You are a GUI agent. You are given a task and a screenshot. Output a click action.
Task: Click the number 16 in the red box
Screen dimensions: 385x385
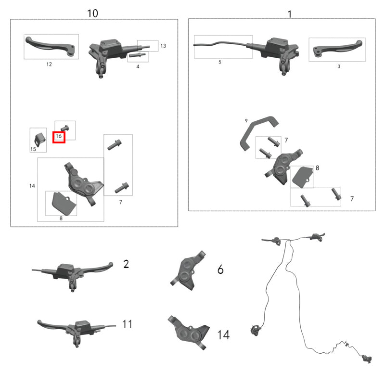coord(59,136)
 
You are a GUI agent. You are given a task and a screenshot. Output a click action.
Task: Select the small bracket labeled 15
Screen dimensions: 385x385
coord(39,140)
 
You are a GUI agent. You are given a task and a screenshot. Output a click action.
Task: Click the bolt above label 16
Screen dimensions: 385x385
coord(65,128)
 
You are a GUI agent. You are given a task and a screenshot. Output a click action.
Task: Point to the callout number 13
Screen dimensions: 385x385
coord(163,46)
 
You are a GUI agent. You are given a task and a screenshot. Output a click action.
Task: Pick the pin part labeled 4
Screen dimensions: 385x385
coord(137,55)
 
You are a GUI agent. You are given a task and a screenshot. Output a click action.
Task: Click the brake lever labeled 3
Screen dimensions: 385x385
coord(337,49)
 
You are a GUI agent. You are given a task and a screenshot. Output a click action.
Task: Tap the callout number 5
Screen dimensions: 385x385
coord(220,62)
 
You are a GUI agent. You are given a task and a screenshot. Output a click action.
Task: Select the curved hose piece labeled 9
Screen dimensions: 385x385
coord(258,131)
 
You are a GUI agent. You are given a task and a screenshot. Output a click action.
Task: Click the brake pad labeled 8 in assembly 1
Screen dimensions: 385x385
coord(302,177)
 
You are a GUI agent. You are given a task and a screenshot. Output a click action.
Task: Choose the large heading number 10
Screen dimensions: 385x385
coord(92,13)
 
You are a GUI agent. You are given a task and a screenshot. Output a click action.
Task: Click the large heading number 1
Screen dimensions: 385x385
coord(290,14)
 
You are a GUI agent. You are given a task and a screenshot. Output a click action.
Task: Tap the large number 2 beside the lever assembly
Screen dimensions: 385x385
coord(126,264)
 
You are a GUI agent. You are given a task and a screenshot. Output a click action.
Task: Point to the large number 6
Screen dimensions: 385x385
coord(220,269)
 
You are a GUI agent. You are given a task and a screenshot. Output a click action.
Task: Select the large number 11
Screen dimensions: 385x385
coord(127,324)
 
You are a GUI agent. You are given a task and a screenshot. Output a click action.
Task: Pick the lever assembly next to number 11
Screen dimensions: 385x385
coord(77,332)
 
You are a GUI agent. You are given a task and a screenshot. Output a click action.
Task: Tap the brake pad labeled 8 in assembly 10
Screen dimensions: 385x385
coord(64,203)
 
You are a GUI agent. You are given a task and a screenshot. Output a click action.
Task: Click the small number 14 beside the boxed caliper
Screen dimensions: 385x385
coord(32,186)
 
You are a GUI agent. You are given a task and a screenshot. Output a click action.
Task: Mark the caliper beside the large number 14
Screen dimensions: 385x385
coord(189,333)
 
